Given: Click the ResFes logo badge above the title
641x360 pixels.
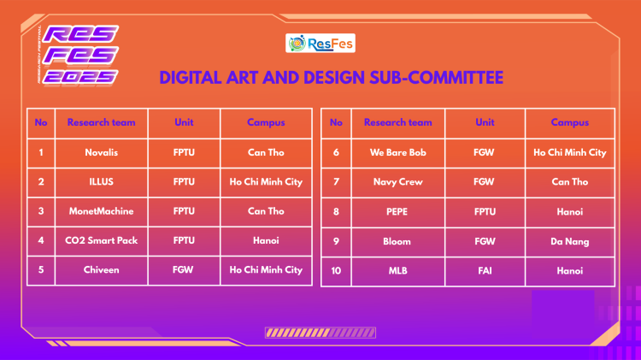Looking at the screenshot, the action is tap(320, 43).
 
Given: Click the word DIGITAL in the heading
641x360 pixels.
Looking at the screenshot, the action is tap(191, 78).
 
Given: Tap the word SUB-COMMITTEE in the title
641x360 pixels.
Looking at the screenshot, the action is tap(436, 78).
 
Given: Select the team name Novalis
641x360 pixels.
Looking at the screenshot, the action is tap(102, 152).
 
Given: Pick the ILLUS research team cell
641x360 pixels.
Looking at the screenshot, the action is tap(102, 181).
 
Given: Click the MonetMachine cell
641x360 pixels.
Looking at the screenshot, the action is tap(102, 211).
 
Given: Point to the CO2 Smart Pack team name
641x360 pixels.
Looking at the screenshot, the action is tap(102, 240).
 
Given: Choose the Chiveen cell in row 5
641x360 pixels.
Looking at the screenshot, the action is tap(102, 270).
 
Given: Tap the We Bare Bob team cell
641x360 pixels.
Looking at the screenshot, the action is tap(397, 152).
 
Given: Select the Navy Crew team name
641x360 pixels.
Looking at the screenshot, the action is tap(397, 182).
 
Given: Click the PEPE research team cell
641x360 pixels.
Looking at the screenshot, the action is tap(397, 212).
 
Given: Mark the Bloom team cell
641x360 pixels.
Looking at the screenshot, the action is tap(397, 241).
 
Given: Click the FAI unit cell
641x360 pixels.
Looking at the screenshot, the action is tap(485, 271).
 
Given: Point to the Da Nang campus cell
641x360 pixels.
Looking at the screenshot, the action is tap(570, 242).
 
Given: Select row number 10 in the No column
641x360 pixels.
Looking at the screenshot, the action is tap(336, 271).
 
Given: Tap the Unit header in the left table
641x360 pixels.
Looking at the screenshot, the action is tap(184, 122).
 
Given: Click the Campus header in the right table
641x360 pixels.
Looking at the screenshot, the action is tap(570, 123).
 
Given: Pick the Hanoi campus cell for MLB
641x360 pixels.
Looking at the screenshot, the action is tap(570, 271).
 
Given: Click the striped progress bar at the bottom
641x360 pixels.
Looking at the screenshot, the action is tap(320, 333).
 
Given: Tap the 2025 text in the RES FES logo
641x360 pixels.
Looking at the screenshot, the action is tap(80, 77).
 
